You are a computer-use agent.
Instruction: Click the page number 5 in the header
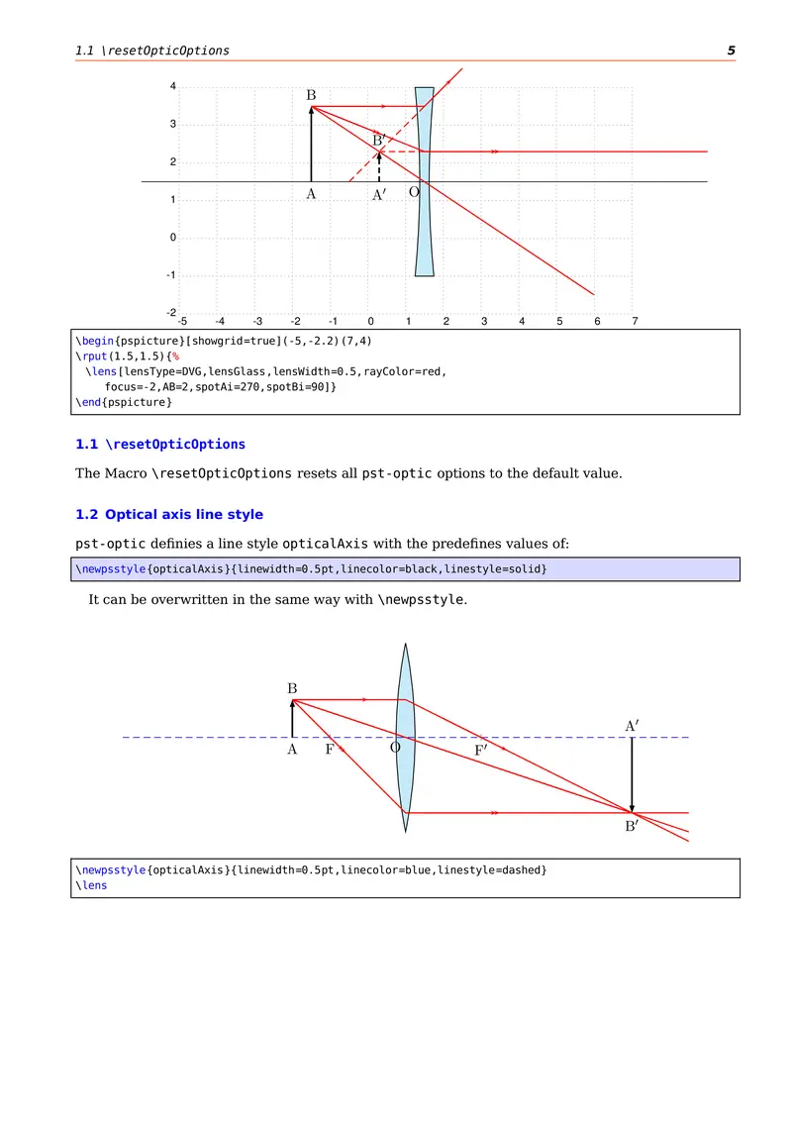pos(731,51)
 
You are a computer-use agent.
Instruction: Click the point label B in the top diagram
pos(311,95)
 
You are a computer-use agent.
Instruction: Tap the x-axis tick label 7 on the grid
pos(635,322)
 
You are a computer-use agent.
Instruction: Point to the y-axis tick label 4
pos(173,87)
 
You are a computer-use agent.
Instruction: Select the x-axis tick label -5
pos(181,322)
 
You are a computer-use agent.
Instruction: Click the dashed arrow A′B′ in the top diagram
pos(379,166)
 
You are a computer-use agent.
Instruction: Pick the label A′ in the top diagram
pos(378,196)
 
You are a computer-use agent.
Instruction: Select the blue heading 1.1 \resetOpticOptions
pos(160,444)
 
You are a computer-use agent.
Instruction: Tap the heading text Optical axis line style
pos(184,515)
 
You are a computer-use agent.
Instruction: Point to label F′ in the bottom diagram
pos(480,751)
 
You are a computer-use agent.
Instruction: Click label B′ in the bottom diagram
pos(632,827)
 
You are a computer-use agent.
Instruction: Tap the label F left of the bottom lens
pos(330,750)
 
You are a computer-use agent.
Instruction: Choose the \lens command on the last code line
pos(91,885)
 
